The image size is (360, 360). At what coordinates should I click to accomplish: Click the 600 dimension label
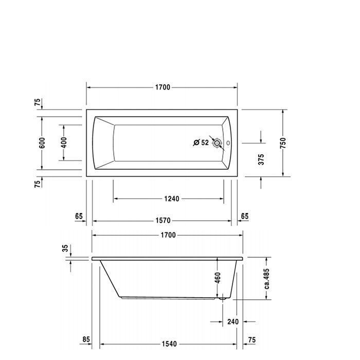coord(42,143)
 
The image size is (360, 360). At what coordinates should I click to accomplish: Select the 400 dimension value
coord(64,142)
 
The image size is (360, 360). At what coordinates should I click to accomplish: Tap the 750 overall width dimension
coord(283,143)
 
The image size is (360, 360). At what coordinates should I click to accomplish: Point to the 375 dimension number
coord(261,159)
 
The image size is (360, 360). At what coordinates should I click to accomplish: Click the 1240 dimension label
coord(171,199)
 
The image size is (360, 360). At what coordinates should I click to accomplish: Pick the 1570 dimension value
coord(163,221)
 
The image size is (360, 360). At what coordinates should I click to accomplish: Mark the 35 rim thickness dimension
coord(65,248)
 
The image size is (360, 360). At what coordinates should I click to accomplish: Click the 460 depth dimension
coord(218,278)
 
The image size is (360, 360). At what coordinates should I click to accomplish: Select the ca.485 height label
coord(266,279)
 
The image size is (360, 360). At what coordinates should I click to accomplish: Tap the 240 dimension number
coord(233,321)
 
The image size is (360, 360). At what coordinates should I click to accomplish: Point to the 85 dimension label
coord(86,339)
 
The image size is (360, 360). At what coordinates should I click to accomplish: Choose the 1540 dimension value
coord(169,344)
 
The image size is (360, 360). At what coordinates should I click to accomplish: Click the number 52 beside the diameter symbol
coord(205,142)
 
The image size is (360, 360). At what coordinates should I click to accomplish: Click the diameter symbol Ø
coord(196,142)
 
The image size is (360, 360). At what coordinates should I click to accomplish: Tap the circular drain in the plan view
coord(217,143)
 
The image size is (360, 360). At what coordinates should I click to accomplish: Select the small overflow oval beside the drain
coord(228,143)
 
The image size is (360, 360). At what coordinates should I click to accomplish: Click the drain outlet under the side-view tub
coord(222,299)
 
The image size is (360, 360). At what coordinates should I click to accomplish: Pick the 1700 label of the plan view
coord(163,87)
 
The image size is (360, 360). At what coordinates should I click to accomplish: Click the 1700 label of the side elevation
coord(168,235)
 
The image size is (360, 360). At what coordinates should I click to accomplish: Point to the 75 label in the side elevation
coord(252,339)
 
